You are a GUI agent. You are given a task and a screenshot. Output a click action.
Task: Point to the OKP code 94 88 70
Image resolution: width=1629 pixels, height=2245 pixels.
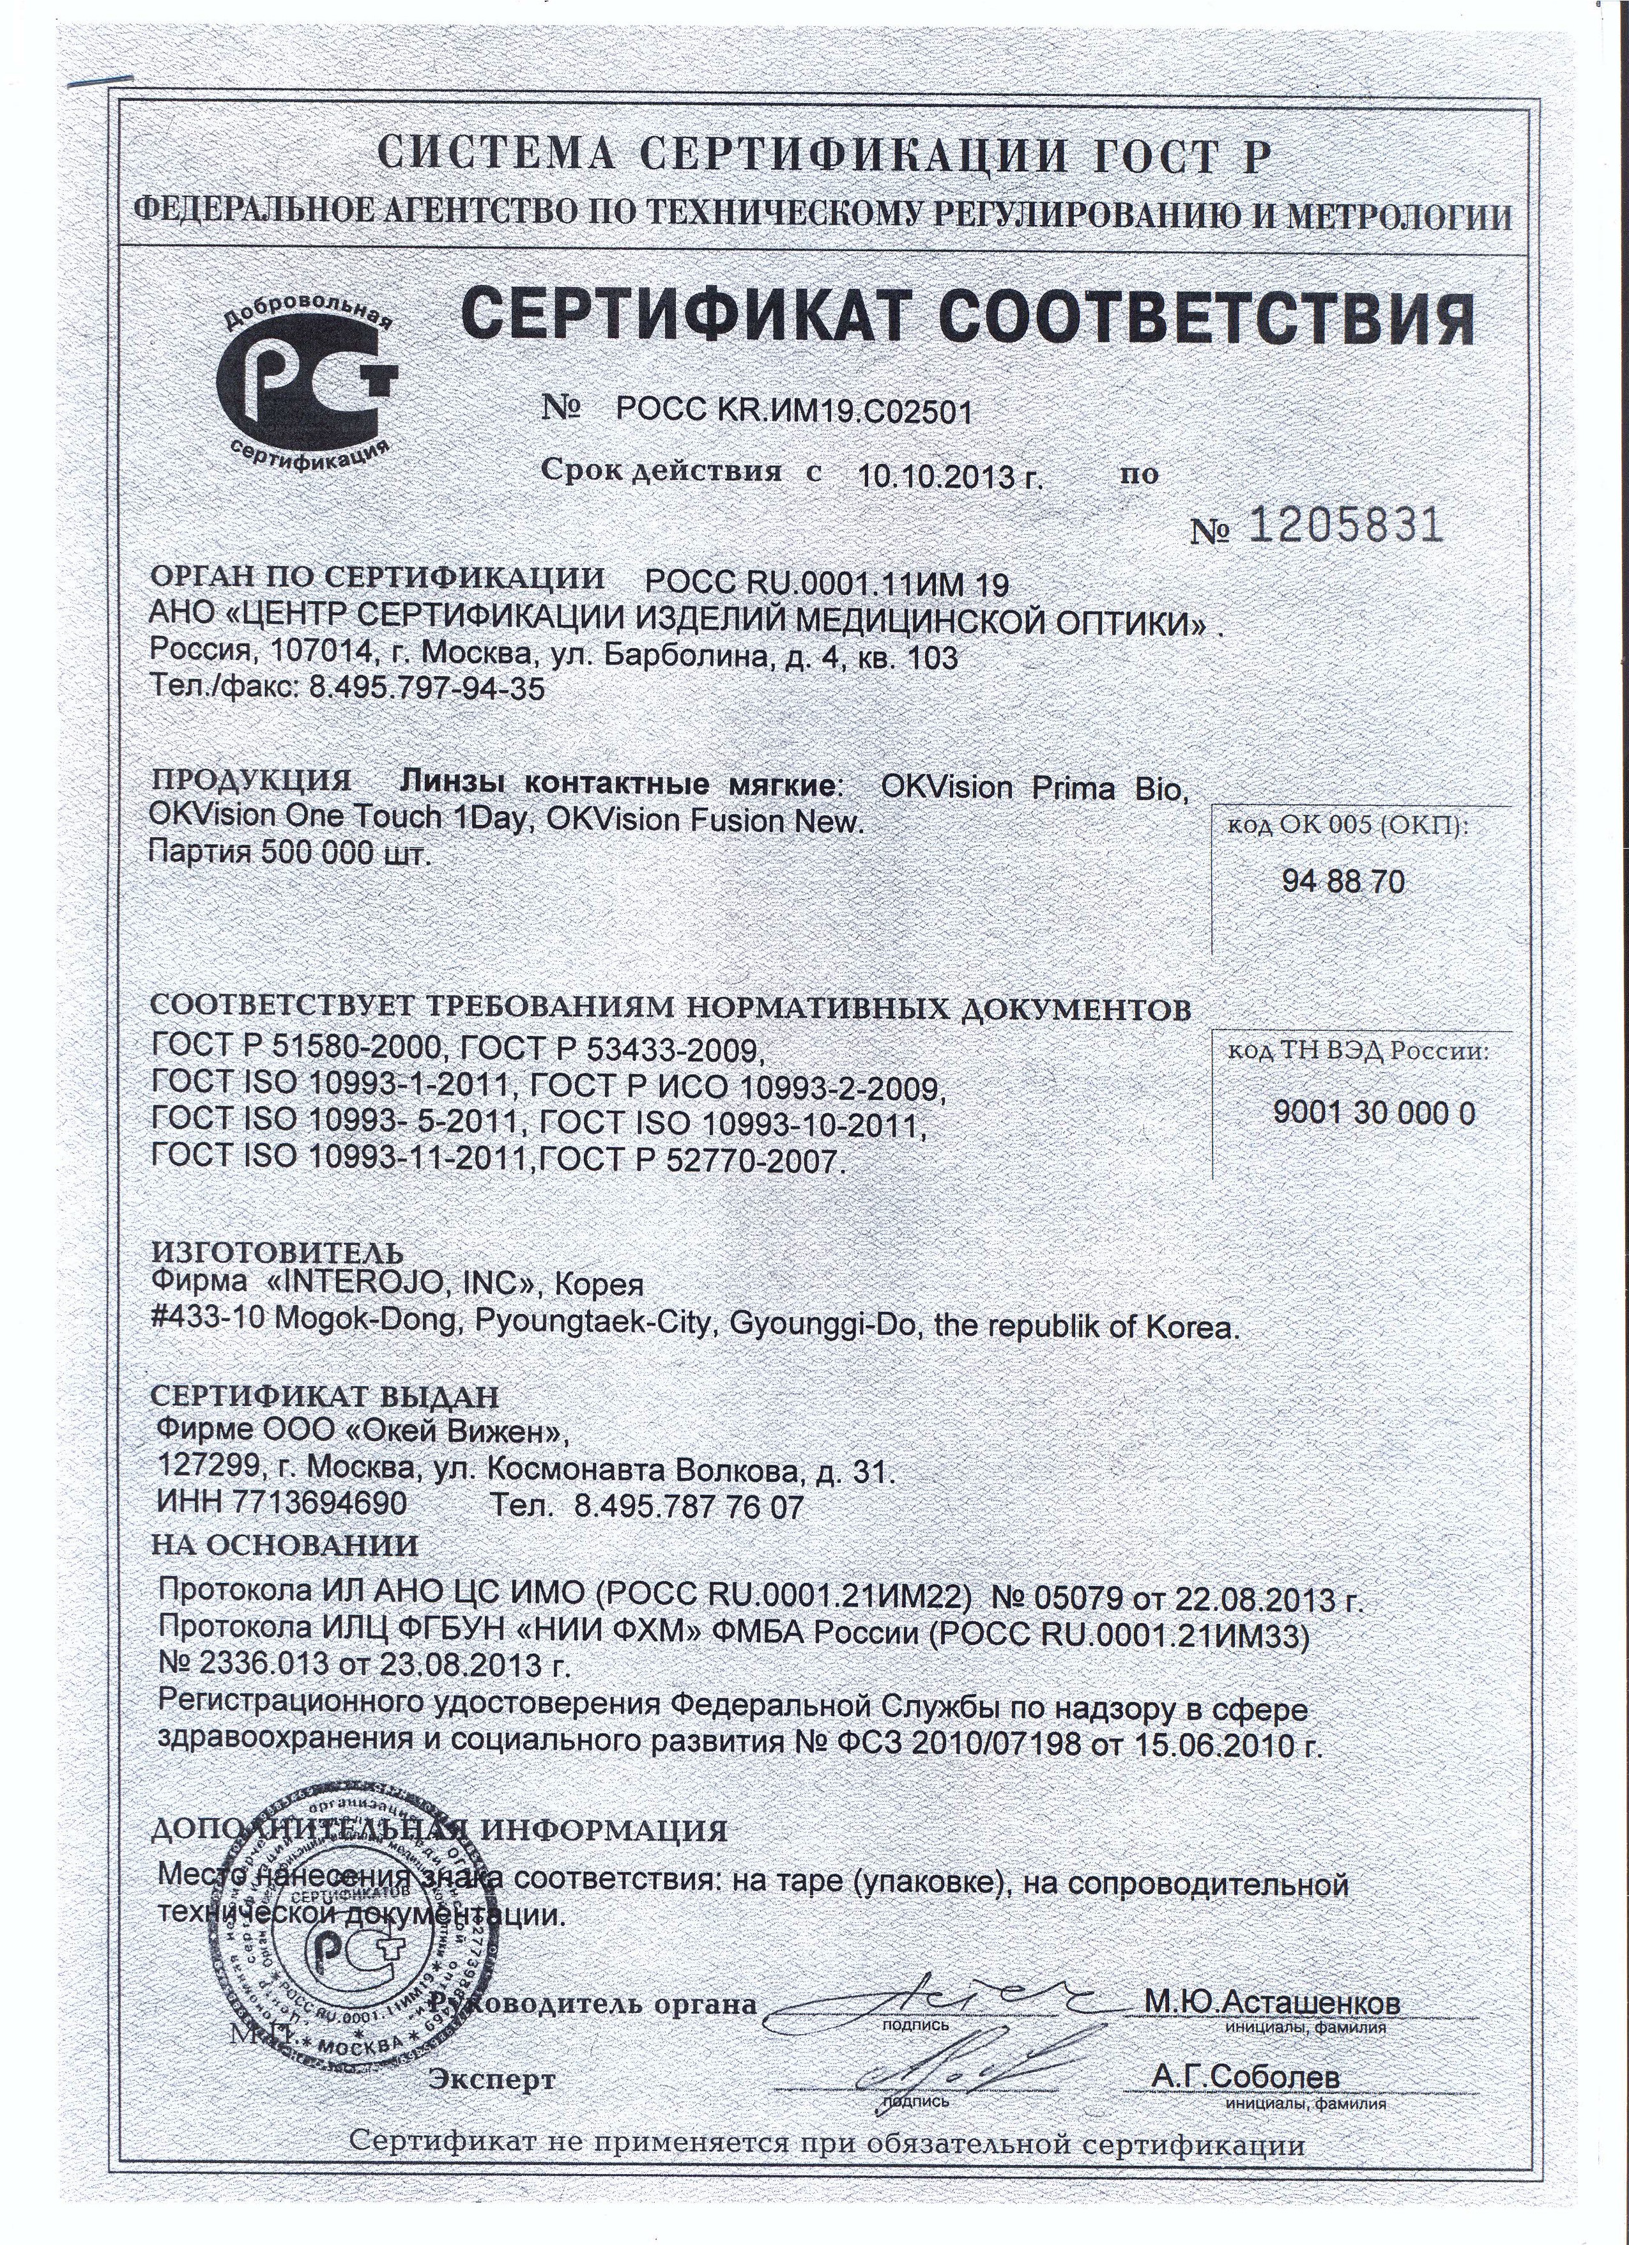point(1342,883)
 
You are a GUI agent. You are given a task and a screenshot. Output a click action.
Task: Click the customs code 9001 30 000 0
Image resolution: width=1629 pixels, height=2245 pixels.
point(1373,1114)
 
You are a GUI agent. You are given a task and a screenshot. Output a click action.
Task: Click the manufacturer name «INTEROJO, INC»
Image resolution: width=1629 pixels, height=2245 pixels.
point(396,1285)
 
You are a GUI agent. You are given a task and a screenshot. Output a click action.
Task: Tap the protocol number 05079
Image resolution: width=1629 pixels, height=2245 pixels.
point(1081,1599)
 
